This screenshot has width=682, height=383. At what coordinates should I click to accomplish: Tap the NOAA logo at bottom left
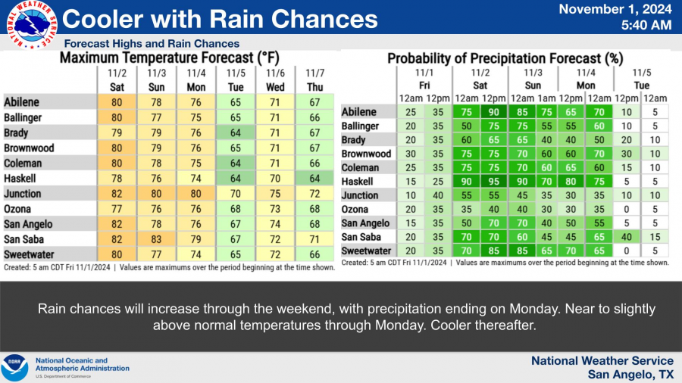point(15,368)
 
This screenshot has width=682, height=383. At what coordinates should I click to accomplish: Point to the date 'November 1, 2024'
point(615,10)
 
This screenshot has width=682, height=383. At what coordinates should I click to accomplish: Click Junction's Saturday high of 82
point(117,195)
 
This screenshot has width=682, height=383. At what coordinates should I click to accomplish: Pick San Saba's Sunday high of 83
point(157,238)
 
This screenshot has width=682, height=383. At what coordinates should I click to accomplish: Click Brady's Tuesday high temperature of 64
point(236,133)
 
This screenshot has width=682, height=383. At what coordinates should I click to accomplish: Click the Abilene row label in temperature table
point(22,103)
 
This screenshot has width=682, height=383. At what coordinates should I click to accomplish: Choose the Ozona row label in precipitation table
point(355,209)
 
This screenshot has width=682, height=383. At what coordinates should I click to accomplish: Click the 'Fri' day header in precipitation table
point(427,85)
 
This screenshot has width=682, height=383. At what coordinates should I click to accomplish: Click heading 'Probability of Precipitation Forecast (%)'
point(505,58)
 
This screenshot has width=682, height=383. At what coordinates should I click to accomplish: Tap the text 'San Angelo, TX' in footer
point(630,375)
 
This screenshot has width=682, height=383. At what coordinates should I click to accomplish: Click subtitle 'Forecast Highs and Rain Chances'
point(152,44)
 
